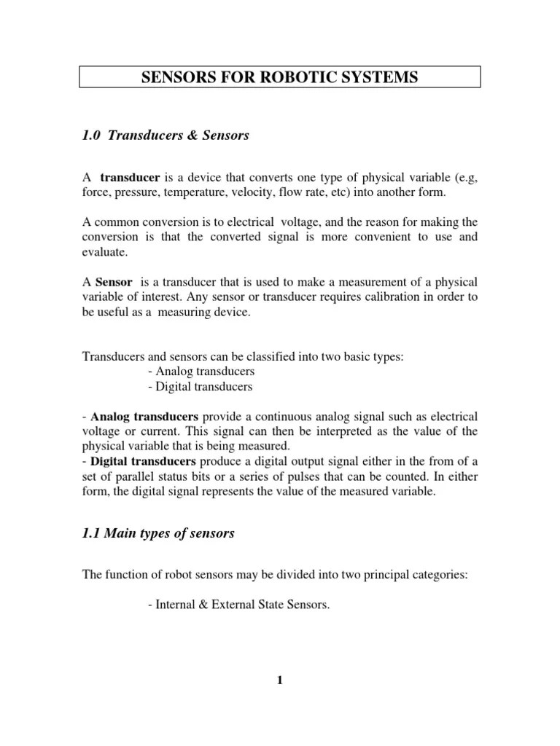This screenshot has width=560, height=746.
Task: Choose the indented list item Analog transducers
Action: point(201,371)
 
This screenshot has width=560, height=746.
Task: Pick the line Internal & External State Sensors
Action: point(238,604)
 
